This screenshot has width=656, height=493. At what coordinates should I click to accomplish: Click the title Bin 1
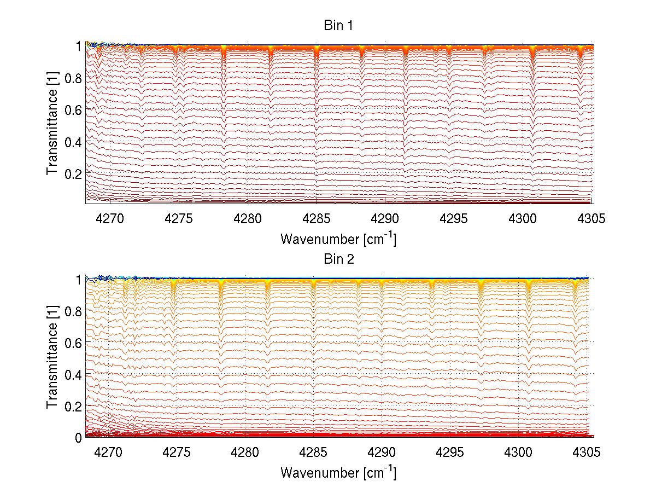pyautogui.click(x=338, y=26)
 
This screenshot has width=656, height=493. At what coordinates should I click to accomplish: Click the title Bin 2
pyautogui.click(x=338, y=259)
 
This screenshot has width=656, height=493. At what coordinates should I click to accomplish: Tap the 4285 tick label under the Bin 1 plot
pyautogui.click(x=317, y=219)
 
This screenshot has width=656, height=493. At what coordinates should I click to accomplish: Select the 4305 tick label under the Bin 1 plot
pyautogui.click(x=591, y=219)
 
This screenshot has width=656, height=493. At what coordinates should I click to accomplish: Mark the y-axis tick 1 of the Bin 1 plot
pyautogui.click(x=79, y=46)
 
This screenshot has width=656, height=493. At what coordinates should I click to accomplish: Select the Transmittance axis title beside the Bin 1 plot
pyautogui.click(x=52, y=124)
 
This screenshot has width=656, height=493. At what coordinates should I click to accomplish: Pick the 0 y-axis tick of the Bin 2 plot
pyautogui.click(x=78, y=437)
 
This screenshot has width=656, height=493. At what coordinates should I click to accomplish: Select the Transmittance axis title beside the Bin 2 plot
pyautogui.click(x=52, y=358)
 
